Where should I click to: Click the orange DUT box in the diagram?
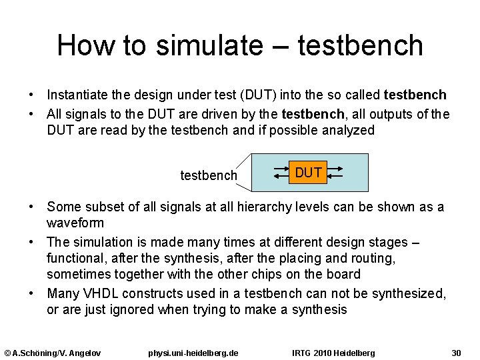click(x=309, y=173)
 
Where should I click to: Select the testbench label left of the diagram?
click(x=209, y=175)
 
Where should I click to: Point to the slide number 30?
click(x=456, y=352)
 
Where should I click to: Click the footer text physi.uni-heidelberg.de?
click(x=193, y=352)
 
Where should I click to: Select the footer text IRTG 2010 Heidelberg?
click(x=333, y=352)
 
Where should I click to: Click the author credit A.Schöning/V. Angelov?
click(x=53, y=352)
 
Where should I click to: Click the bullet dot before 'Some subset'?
click(x=31, y=207)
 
